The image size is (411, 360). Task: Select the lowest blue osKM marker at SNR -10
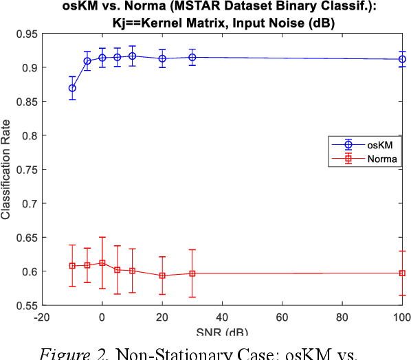coord(72,88)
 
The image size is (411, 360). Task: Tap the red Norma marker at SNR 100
coord(402,273)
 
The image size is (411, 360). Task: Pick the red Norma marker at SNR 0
coord(102,262)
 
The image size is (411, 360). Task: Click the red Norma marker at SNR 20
coord(162,275)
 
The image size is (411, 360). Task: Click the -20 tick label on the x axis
coord(41,318)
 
